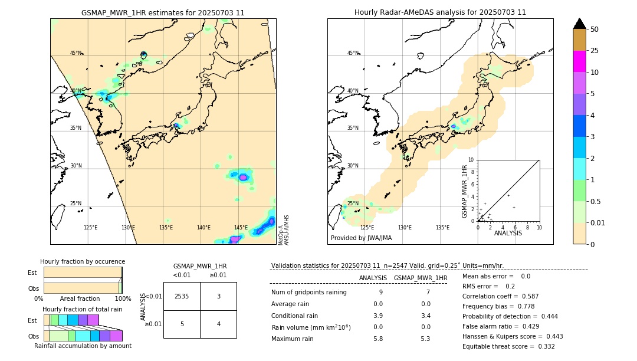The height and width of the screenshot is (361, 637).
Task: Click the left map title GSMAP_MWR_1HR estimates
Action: click(163, 12)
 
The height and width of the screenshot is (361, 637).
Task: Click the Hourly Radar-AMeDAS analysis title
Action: click(440, 12)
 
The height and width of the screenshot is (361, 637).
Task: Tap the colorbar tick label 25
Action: click(595, 51)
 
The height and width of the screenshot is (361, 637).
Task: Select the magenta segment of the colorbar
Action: click(579, 61)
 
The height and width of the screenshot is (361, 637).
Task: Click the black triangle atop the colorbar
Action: click(579, 24)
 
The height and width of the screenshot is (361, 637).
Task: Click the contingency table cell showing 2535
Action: click(182, 296)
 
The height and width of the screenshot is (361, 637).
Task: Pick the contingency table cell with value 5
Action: click(182, 324)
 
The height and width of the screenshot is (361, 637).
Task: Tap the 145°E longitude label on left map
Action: click(241, 228)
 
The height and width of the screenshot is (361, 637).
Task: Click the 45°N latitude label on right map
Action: click(353, 53)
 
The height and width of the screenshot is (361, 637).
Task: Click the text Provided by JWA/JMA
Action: click(361, 238)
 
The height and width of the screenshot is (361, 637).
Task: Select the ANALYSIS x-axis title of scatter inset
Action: click(508, 233)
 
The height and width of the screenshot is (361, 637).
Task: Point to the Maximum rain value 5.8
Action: click(378, 339)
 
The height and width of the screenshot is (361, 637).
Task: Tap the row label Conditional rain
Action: click(295, 316)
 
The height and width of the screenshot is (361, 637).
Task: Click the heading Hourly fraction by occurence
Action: click(83, 261)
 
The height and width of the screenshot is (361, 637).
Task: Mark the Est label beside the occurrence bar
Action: click(32, 273)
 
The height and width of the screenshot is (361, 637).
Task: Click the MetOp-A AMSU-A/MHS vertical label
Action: click(284, 230)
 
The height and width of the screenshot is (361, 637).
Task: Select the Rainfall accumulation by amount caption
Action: click(83, 346)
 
